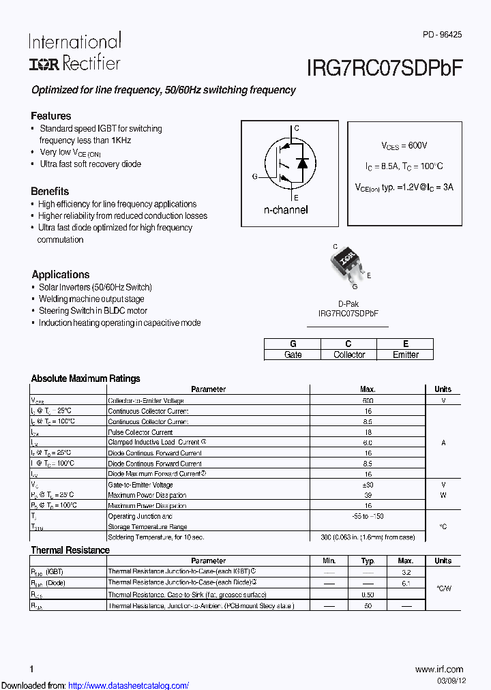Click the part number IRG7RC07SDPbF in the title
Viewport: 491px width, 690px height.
(385, 67)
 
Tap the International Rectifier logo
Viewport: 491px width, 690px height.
(74, 52)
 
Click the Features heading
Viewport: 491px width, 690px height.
(50, 116)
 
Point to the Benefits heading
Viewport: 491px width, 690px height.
(50, 191)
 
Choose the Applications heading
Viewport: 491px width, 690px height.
(60, 274)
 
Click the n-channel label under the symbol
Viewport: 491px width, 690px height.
(286, 210)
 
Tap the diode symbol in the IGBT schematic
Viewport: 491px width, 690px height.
(303, 163)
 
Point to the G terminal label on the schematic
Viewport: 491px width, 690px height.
(255, 177)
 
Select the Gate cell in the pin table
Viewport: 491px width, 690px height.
(293, 355)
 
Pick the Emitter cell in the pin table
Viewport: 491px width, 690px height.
(406, 355)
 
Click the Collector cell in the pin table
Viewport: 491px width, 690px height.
(349, 355)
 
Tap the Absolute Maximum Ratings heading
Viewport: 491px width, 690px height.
(85, 378)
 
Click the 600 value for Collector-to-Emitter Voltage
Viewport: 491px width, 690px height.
(368, 401)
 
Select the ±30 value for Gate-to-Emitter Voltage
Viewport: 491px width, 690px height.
(368, 485)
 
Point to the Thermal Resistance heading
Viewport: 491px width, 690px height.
(70, 550)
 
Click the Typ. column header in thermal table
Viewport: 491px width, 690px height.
(368, 560)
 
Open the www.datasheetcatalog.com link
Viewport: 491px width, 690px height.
(129, 685)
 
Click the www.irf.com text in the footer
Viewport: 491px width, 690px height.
(438, 669)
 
